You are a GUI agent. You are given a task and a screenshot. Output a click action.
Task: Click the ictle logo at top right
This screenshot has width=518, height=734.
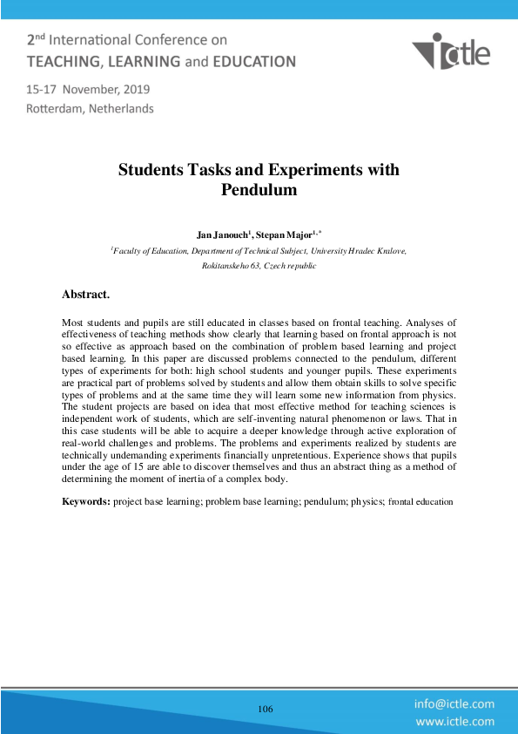click(451, 52)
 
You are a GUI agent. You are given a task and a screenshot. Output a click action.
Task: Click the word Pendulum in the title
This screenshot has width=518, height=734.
click(259, 189)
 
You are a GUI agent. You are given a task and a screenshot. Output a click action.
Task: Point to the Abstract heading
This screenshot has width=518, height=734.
click(85, 295)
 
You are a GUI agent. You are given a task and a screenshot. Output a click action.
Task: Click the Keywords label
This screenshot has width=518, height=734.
click(85, 501)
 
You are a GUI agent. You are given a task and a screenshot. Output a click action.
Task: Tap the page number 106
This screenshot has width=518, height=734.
click(266, 709)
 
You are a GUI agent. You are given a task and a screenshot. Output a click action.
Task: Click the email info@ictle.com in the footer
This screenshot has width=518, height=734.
click(454, 703)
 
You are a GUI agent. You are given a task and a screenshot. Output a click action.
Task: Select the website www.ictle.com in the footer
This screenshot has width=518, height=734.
click(454, 721)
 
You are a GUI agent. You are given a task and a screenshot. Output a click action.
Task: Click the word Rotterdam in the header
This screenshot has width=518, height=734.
click(57, 109)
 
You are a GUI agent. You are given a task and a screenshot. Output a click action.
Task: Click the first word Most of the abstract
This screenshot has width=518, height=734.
click(72, 323)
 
